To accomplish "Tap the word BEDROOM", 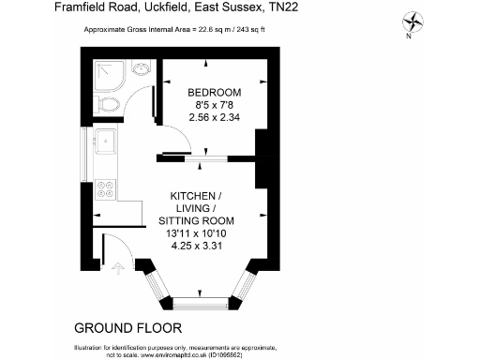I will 214,92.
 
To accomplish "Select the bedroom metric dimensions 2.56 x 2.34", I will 214,119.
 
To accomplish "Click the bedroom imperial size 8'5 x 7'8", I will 214,106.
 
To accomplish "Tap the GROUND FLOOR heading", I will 127,328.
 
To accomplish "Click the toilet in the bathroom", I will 106,105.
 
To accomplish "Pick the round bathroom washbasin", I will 141,69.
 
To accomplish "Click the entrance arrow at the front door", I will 117,271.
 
